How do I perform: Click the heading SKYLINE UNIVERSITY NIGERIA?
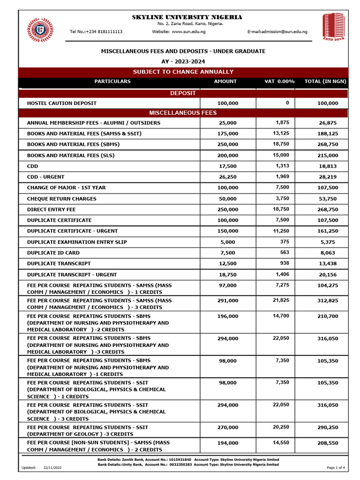pos(187,17)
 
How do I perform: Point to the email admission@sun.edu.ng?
pos(277,31)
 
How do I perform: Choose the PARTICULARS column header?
pos(112,82)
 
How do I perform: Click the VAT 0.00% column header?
pos(279,82)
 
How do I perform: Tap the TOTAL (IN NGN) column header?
pos(325,82)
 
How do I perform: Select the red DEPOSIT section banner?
pos(183,93)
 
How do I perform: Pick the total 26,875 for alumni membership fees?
pos(328,123)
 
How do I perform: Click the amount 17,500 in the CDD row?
pos(228,166)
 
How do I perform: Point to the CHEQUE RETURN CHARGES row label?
pos(62,199)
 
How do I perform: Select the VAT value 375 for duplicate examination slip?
pos(285,242)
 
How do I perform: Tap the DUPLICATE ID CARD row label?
pos(52,253)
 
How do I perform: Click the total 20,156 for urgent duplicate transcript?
pos(328,275)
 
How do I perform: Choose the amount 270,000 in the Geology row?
pos(227,427)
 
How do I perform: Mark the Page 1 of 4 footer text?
pos(336,468)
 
